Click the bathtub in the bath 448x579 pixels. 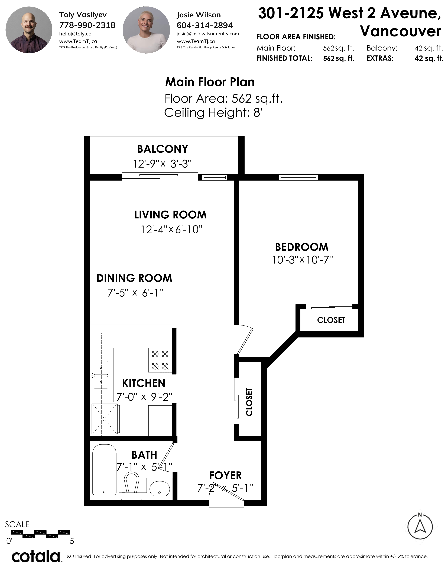pos(104,469)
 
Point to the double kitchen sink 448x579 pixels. pos(101,375)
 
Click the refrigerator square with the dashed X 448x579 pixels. pos(104,419)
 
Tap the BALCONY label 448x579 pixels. pos(163,149)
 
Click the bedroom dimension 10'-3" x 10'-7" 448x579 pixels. pos(302,260)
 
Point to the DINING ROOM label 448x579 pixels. pos(134,278)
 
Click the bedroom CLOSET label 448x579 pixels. pos(331,320)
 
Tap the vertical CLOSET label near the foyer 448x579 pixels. pos(249,402)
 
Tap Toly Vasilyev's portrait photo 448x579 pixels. pos(29,30)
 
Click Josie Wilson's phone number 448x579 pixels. pos(205,25)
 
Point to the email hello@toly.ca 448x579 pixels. pos(75,34)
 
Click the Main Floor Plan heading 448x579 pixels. pos(210,82)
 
